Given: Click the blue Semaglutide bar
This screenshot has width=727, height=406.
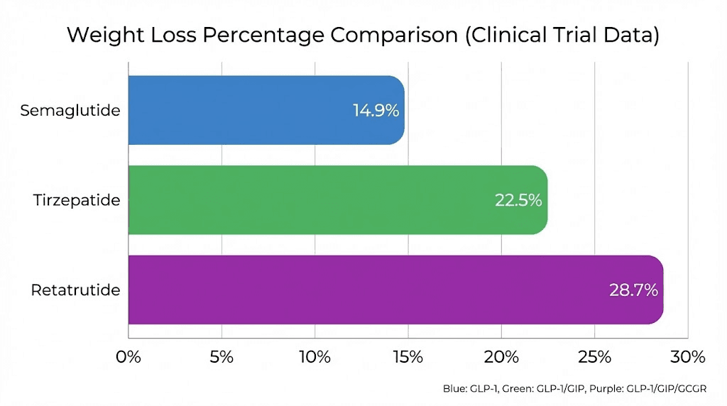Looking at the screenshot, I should (266, 110).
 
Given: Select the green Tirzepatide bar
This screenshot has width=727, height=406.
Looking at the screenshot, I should (337, 200).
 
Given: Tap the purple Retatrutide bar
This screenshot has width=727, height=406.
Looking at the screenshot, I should (395, 290).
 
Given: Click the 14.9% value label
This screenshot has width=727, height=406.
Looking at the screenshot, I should (376, 111).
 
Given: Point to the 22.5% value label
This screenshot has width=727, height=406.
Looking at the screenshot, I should (518, 200).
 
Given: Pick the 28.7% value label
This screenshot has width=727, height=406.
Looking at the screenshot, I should (633, 290).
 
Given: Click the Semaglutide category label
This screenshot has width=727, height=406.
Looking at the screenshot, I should (70, 111).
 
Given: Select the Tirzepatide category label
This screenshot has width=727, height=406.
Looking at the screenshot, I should (77, 200).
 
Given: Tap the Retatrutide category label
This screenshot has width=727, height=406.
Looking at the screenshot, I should (75, 290).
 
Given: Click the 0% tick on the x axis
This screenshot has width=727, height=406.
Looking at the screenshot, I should (129, 356).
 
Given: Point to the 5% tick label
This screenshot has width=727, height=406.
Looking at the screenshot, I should (222, 356).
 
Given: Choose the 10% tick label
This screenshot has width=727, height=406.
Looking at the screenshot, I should (315, 356).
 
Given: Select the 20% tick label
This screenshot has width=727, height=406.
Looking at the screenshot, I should (501, 356).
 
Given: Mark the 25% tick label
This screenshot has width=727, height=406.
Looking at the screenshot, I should (594, 356).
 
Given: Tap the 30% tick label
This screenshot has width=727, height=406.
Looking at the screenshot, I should (687, 356).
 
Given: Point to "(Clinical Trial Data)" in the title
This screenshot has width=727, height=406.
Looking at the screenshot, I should (562, 35).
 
